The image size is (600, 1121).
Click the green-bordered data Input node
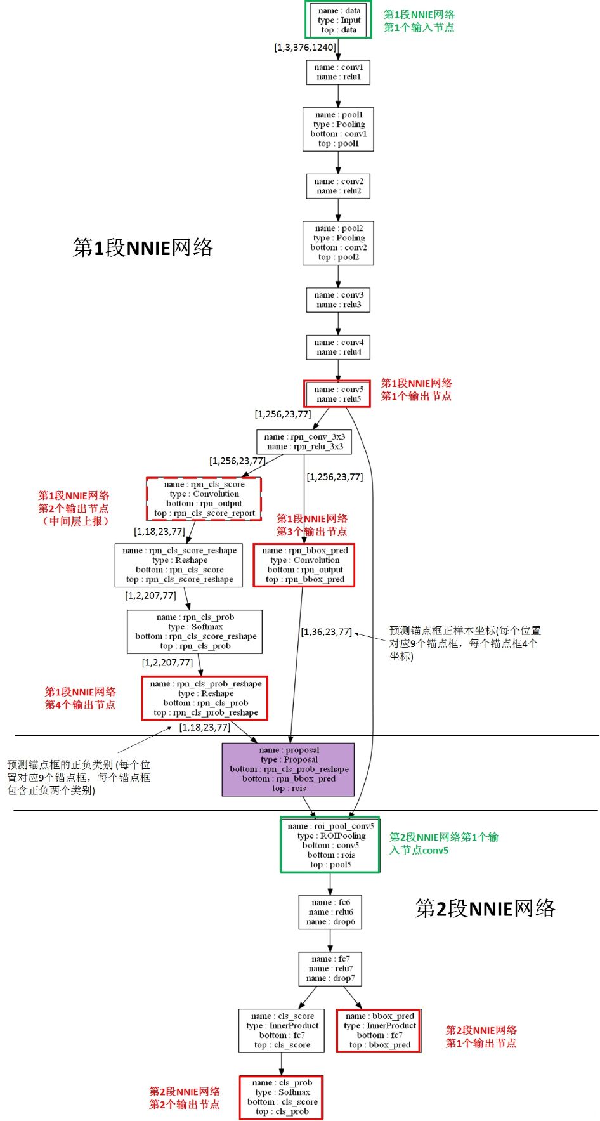coord(338,20)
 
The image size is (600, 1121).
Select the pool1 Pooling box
coord(338,129)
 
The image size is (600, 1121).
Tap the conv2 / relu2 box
coord(338,186)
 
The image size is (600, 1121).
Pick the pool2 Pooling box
coord(338,243)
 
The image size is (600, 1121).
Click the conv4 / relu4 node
coord(338,347)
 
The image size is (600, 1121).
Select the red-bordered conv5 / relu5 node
coord(337,394)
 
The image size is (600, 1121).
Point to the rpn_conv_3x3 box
coord(304,442)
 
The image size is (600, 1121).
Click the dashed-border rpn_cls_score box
coord(204,499)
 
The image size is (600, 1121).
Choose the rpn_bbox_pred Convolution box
coord(304,565)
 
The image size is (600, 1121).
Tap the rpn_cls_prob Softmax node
coord(195,631)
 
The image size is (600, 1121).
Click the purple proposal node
coord(288,770)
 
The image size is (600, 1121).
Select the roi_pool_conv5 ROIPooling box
coord(330,845)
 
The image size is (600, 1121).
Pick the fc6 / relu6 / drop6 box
coord(330,912)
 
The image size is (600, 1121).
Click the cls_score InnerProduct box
coord(282,1030)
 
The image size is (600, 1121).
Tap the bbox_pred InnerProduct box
coord(379,1030)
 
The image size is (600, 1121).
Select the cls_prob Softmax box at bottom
coord(282,1098)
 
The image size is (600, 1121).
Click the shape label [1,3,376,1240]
coord(305,48)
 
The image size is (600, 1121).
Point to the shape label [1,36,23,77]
coord(326,632)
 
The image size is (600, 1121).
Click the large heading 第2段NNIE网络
coord(485,908)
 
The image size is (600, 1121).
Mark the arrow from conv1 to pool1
coord(338,96)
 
